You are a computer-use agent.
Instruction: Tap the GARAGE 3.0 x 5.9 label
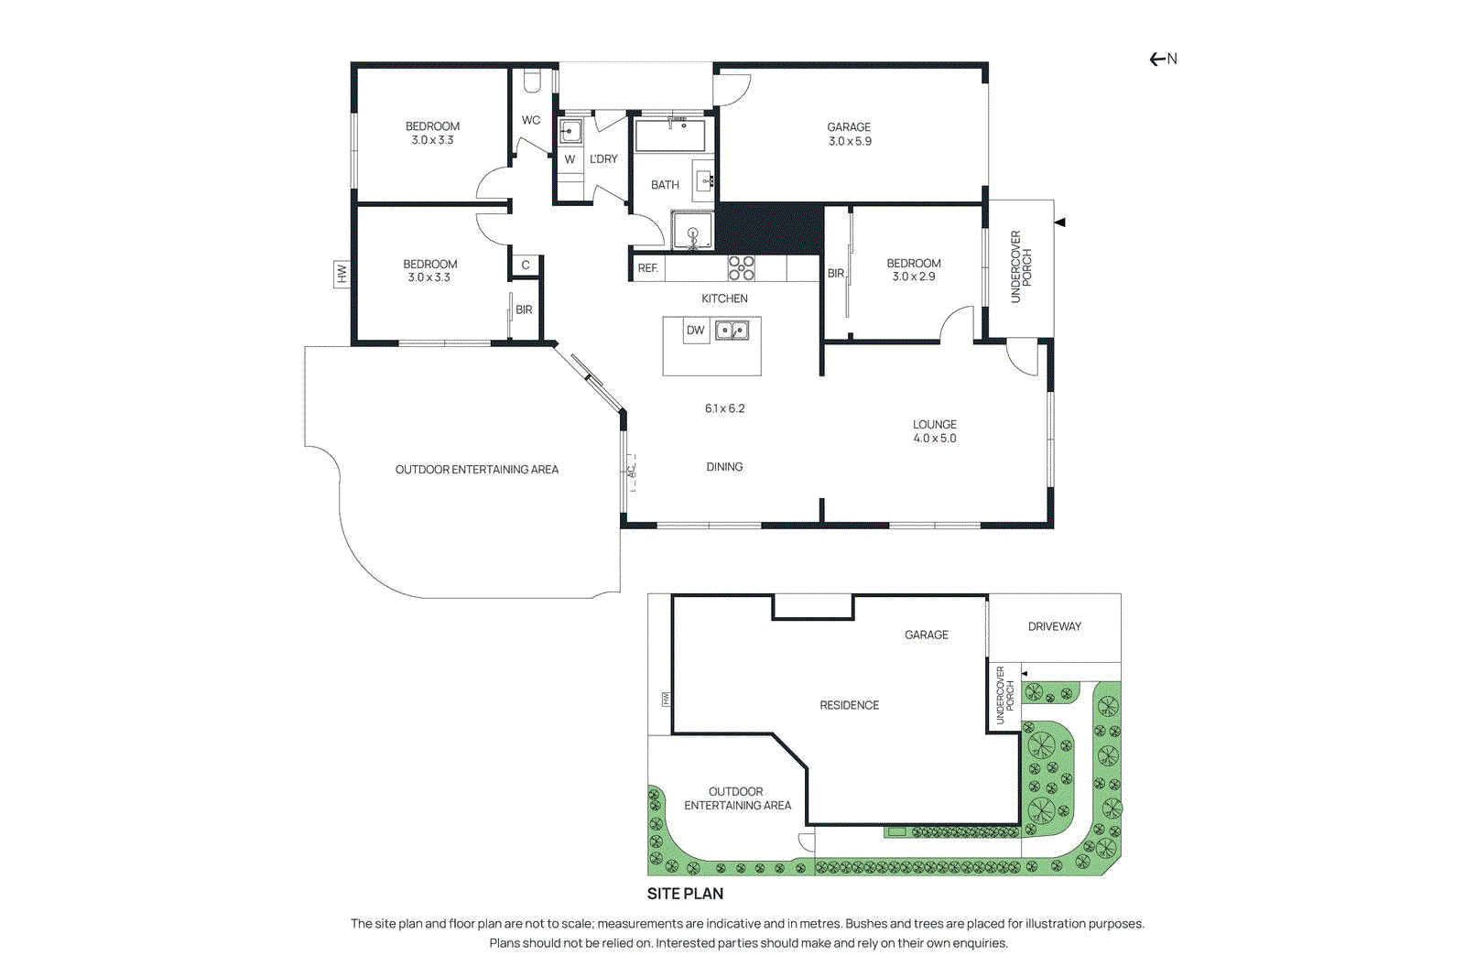(850, 135)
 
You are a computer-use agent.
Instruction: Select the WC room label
(531, 120)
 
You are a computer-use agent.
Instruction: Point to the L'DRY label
(603, 159)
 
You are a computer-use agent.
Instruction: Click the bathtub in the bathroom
(670, 136)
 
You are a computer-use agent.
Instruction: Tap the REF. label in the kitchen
(648, 268)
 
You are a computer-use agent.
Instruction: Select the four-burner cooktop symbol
(741, 267)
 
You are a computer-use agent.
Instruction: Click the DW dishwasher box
(696, 331)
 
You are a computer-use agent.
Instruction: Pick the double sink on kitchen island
(732, 330)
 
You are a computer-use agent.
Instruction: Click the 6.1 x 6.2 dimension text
(724, 408)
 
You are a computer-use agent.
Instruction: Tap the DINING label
(724, 467)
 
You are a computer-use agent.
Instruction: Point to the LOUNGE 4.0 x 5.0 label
(934, 431)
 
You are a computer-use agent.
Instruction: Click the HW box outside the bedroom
(342, 274)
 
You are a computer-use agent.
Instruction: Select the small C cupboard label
(526, 266)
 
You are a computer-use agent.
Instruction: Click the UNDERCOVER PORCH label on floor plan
(1020, 266)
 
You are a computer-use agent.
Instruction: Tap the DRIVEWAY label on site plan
(1054, 627)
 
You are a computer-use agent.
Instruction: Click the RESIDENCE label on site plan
(849, 705)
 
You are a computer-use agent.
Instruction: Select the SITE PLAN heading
(685, 894)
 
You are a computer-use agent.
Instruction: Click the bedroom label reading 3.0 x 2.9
(913, 270)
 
